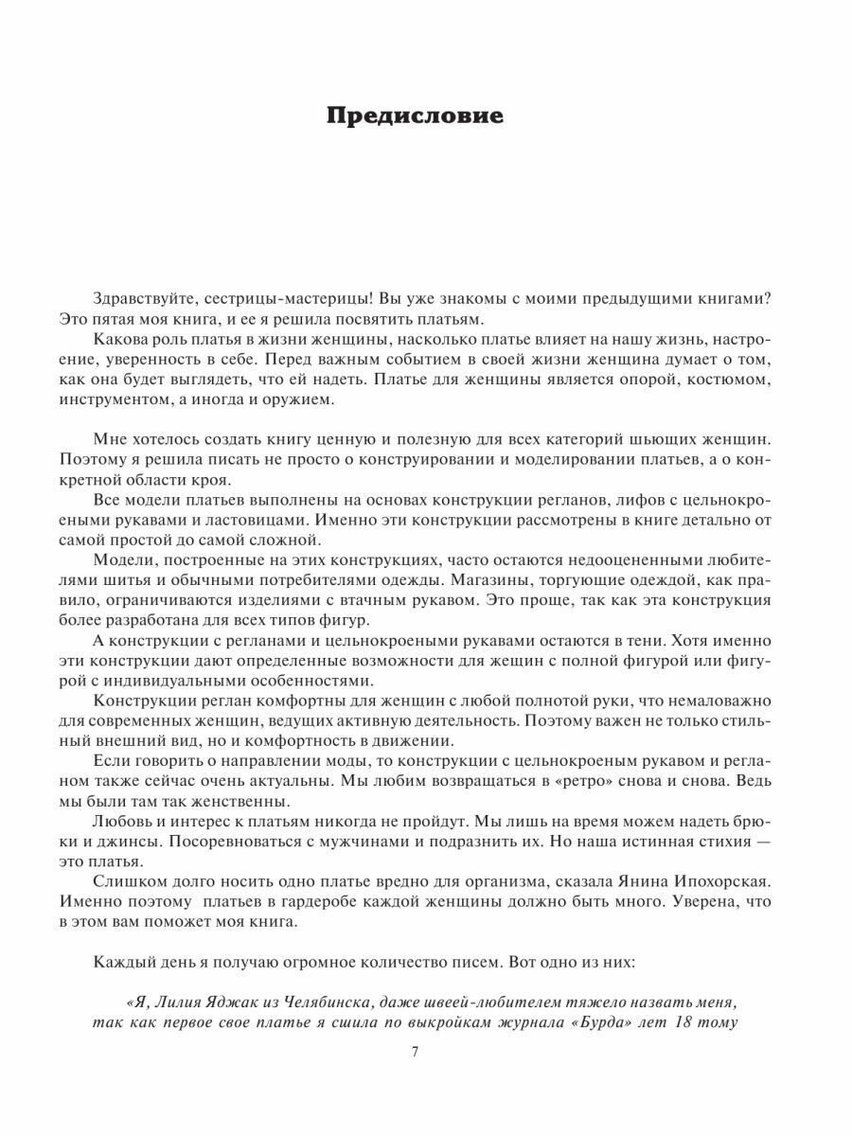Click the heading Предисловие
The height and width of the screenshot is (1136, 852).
pyautogui.click(x=416, y=116)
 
